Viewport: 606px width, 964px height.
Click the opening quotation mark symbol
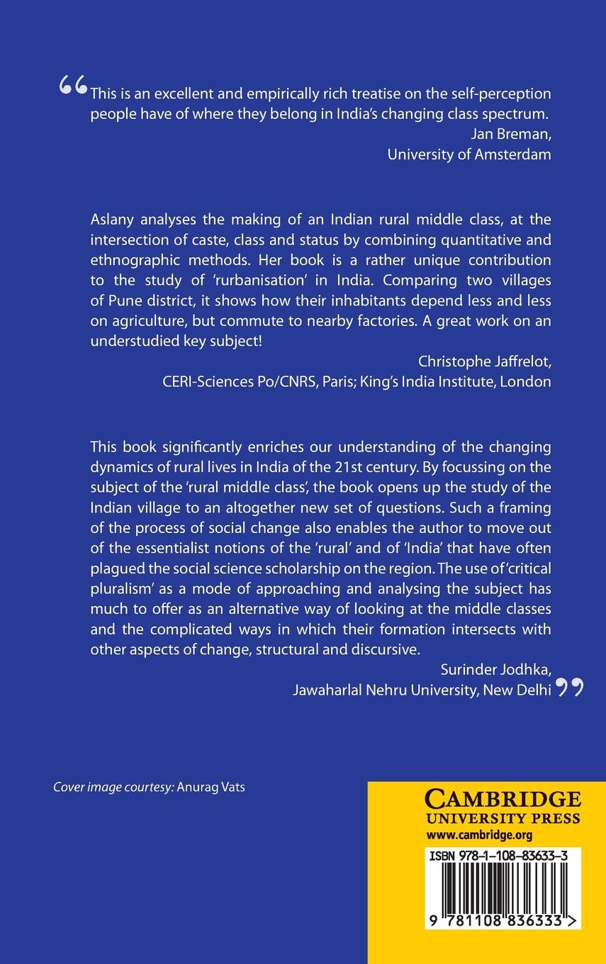click(x=74, y=86)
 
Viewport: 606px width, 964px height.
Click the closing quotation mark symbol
click(x=571, y=687)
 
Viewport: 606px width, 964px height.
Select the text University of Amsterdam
click(x=469, y=155)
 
